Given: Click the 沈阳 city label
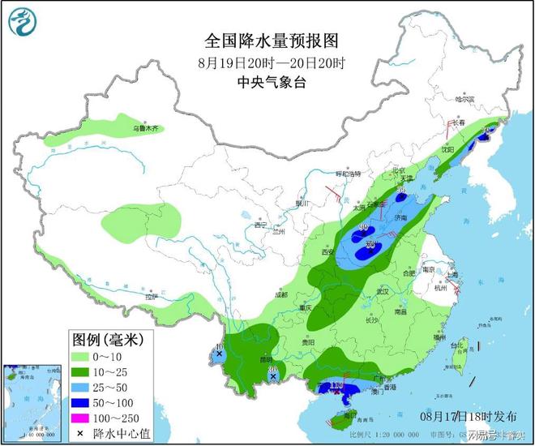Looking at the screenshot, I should coord(447,150).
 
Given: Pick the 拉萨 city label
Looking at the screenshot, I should coord(150,297).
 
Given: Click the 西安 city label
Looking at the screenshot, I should coord(327,253).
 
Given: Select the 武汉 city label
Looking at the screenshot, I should coord(383,290).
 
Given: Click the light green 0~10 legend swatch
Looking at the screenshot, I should coord(83,354).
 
